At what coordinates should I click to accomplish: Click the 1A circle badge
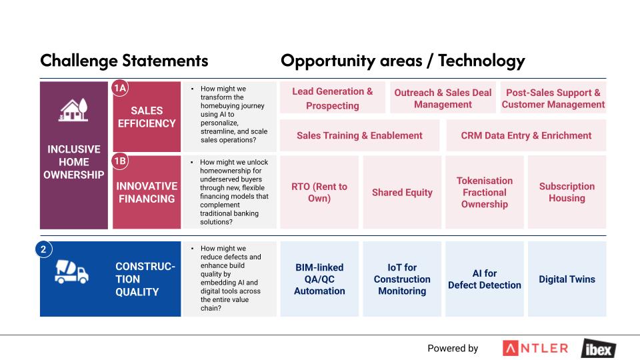(x=120, y=88)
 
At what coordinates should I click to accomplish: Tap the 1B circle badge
(x=120, y=161)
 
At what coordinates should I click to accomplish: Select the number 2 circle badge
(x=44, y=249)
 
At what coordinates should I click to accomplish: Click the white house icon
(x=73, y=110)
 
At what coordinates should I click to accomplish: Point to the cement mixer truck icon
(x=71, y=272)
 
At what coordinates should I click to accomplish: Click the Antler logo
(x=535, y=348)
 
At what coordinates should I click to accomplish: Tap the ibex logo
(x=599, y=349)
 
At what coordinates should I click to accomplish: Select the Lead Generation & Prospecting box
(x=332, y=97)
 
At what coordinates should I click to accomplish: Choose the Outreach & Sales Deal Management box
(x=443, y=97)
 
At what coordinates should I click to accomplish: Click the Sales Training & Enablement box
(x=359, y=135)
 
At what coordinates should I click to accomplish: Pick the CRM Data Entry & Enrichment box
(x=526, y=135)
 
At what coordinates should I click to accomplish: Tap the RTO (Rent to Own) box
(x=319, y=192)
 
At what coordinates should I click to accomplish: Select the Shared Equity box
(x=402, y=192)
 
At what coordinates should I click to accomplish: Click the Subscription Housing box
(x=567, y=192)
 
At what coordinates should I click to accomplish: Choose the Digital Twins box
(x=567, y=279)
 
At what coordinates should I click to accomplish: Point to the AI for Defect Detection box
(x=485, y=279)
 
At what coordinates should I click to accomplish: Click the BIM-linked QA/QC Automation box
(x=319, y=279)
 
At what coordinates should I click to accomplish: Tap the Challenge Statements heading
(x=124, y=61)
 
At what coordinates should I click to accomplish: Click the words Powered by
(x=453, y=348)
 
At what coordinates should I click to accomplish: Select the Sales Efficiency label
(x=147, y=117)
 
